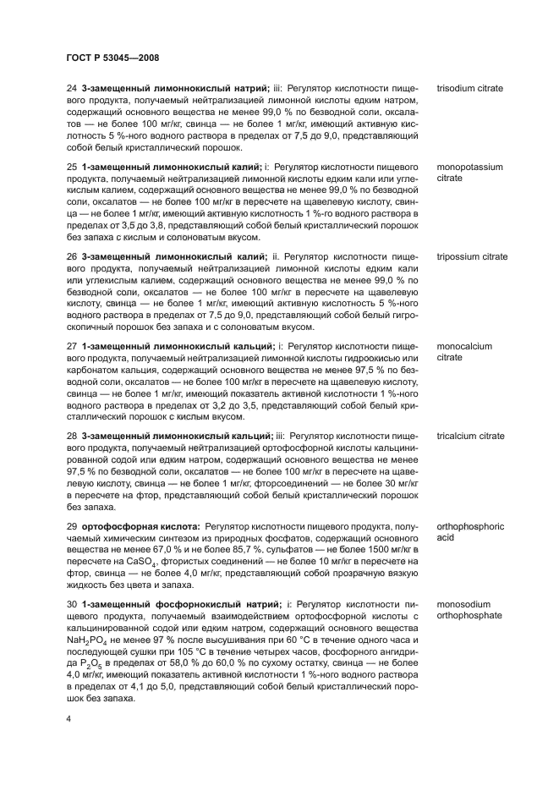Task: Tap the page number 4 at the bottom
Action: pos(69,717)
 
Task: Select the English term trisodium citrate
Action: pos(469,88)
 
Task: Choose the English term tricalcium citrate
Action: pos(470,436)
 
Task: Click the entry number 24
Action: pos(72,88)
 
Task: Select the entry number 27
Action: pos(72,346)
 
